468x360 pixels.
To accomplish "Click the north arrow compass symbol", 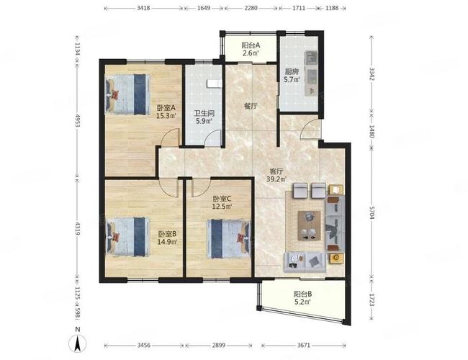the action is [78, 343].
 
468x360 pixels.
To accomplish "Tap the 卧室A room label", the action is [166, 108].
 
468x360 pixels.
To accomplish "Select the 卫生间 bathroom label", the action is [204, 114].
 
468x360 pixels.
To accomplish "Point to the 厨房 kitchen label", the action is [292, 72].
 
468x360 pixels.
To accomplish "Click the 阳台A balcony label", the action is [251, 45].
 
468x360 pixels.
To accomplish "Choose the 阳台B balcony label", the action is [303, 294].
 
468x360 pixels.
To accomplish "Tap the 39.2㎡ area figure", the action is [276, 179].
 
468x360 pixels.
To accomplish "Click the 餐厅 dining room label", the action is [251, 106].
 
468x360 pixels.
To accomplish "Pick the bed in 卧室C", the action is [229, 239].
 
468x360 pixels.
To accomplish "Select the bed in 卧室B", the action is [128, 237].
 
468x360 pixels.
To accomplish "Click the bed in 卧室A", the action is [127, 94].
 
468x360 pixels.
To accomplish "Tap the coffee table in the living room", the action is [309, 225].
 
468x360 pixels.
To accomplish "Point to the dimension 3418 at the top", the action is [143, 8].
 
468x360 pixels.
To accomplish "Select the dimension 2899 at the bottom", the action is [219, 346].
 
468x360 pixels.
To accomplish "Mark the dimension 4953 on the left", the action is [77, 120].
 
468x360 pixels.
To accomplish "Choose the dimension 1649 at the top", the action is [204, 8].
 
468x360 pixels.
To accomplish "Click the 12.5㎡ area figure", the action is [222, 206].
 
